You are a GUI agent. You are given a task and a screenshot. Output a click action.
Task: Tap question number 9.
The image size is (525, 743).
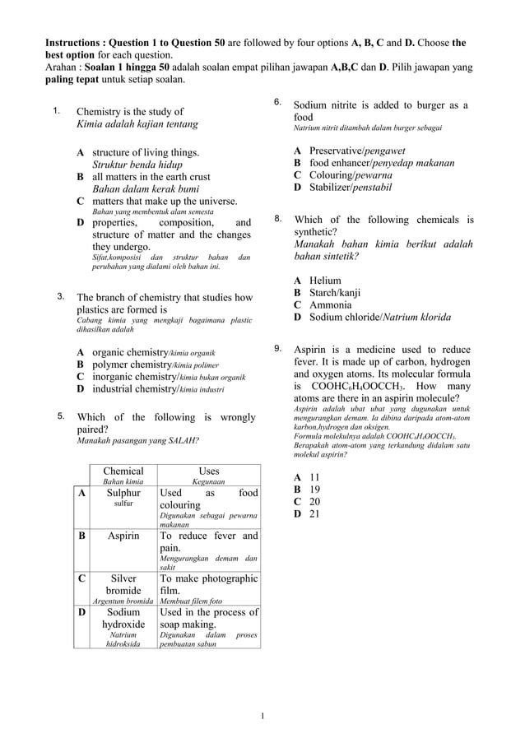click(x=279, y=349)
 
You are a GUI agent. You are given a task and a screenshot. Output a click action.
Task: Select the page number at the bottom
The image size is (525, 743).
click(x=262, y=716)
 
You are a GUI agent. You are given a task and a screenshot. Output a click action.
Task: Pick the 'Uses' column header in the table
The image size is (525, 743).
click(x=209, y=471)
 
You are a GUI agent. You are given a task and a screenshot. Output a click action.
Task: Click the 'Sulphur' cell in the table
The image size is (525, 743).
click(x=123, y=493)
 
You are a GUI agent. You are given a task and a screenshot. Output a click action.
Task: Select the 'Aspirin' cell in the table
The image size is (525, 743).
click(x=123, y=536)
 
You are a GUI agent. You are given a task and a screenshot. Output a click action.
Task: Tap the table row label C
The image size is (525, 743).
click(x=81, y=578)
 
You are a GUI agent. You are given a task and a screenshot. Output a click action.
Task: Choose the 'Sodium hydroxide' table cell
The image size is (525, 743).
click(x=123, y=618)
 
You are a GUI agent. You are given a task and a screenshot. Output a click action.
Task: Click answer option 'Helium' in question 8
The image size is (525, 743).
click(x=325, y=281)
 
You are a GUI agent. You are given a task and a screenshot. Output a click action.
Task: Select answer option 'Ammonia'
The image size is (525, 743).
click(x=330, y=304)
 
